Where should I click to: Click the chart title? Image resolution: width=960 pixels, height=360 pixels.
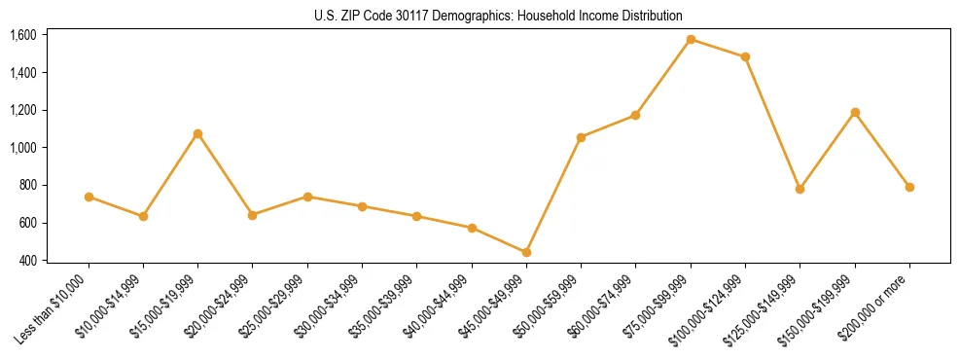(x=498, y=16)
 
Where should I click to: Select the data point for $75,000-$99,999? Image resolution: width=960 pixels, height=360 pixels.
(x=691, y=40)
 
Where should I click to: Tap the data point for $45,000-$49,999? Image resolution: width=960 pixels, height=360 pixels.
(x=526, y=252)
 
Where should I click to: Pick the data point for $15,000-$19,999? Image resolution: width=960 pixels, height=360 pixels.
(x=198, y=133)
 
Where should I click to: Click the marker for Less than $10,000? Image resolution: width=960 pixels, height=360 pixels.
(x=89, y=197)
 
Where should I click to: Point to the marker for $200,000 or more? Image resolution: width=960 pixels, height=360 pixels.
(x=909, y=187)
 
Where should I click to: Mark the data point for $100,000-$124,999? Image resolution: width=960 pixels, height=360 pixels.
(x=745, y=56)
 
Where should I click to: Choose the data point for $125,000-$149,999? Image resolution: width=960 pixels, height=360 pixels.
(x=800, y=189)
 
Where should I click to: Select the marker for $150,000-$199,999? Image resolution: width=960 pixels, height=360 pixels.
(x=855, y=113)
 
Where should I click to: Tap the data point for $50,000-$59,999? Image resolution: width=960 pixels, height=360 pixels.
(x=581, y=137)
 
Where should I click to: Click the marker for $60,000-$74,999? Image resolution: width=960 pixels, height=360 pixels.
(x=636, y=115)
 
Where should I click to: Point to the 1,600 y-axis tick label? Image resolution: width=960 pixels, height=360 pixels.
(x=23, y=35)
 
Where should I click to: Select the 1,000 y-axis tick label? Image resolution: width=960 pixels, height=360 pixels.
(x=23, y=148)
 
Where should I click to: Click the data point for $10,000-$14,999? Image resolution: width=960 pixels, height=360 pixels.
(x=143, y=216)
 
